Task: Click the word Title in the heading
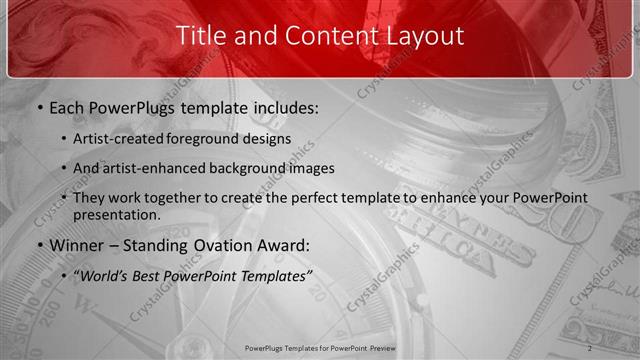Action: point(199,36)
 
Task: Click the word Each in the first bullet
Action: point(68,106)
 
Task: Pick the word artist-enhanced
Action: point(148,168)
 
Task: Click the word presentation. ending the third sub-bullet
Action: point(116,214)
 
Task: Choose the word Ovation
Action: point(219,245)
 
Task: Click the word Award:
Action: point(281,245)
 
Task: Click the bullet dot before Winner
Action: point(39,245)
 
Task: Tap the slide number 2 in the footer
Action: point(590,348)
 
